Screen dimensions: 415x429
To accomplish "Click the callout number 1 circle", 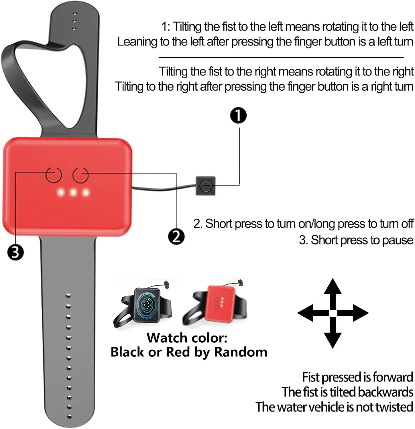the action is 238,116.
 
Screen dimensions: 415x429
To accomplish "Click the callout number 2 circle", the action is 176,237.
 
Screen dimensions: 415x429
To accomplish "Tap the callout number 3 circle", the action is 15,253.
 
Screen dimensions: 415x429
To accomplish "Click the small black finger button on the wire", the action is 205,186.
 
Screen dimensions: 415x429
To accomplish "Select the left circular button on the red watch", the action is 54,175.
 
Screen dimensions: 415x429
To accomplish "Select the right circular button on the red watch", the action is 80,175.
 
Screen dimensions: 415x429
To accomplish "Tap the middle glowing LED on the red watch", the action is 73,192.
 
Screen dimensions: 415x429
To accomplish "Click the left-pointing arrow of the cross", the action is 313,313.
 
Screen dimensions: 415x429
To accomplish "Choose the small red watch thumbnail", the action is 215,303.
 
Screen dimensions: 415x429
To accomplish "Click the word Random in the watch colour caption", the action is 241,352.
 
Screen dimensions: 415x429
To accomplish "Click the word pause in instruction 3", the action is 398,240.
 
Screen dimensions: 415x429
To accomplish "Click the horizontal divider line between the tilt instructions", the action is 281,57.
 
